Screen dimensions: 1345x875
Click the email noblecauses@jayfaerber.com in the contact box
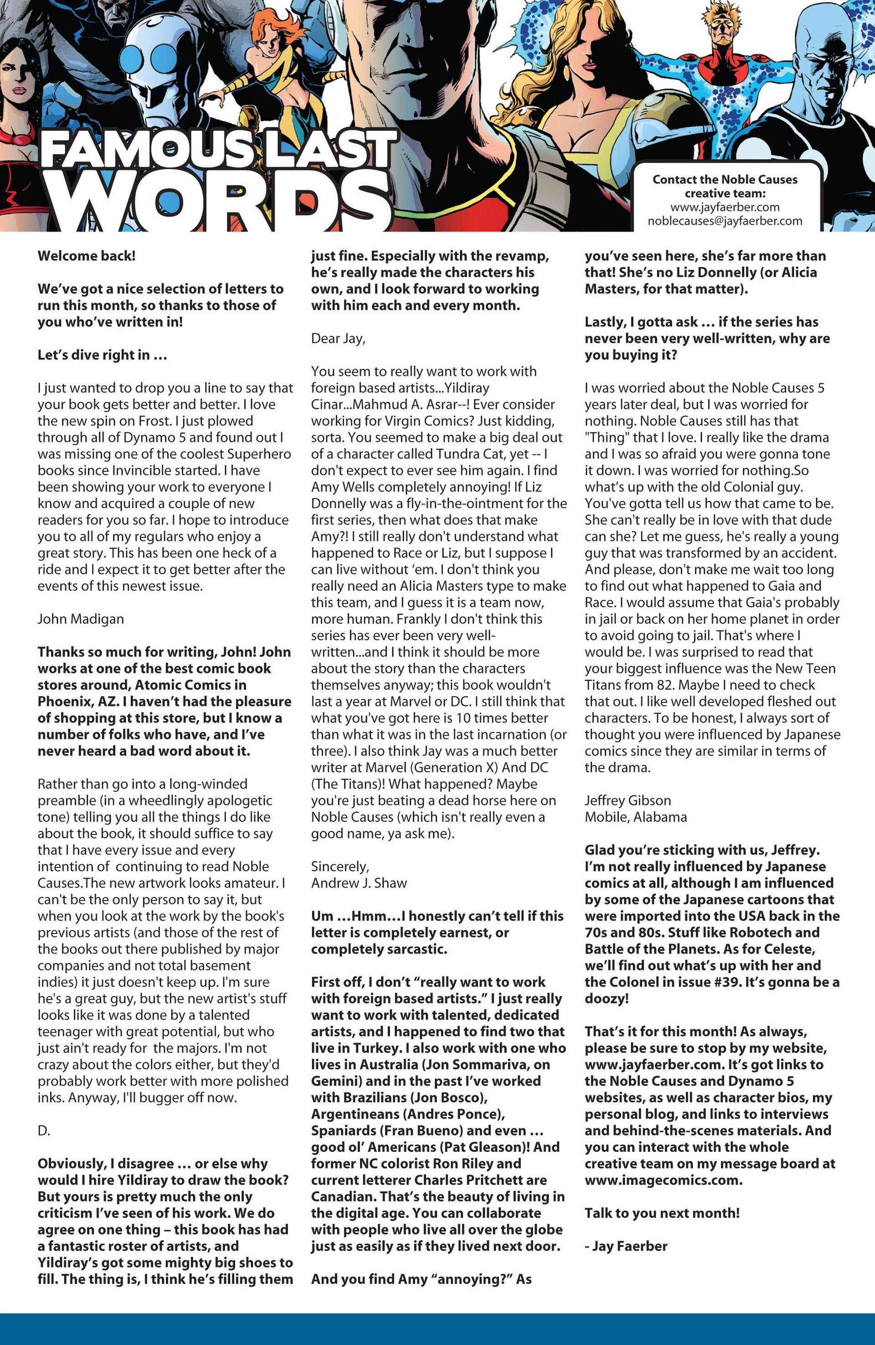(725, 221)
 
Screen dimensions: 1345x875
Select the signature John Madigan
(81, 619)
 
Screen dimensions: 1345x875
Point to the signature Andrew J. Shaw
(359, 883)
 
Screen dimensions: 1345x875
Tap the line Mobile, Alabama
(636, 817)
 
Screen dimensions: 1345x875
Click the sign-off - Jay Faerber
(626, 1246)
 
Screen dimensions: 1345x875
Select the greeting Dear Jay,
(338, 339)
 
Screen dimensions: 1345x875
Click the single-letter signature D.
(44, 1130)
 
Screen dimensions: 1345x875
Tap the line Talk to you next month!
(662, 1213)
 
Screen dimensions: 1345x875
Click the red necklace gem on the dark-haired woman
(23, 139)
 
